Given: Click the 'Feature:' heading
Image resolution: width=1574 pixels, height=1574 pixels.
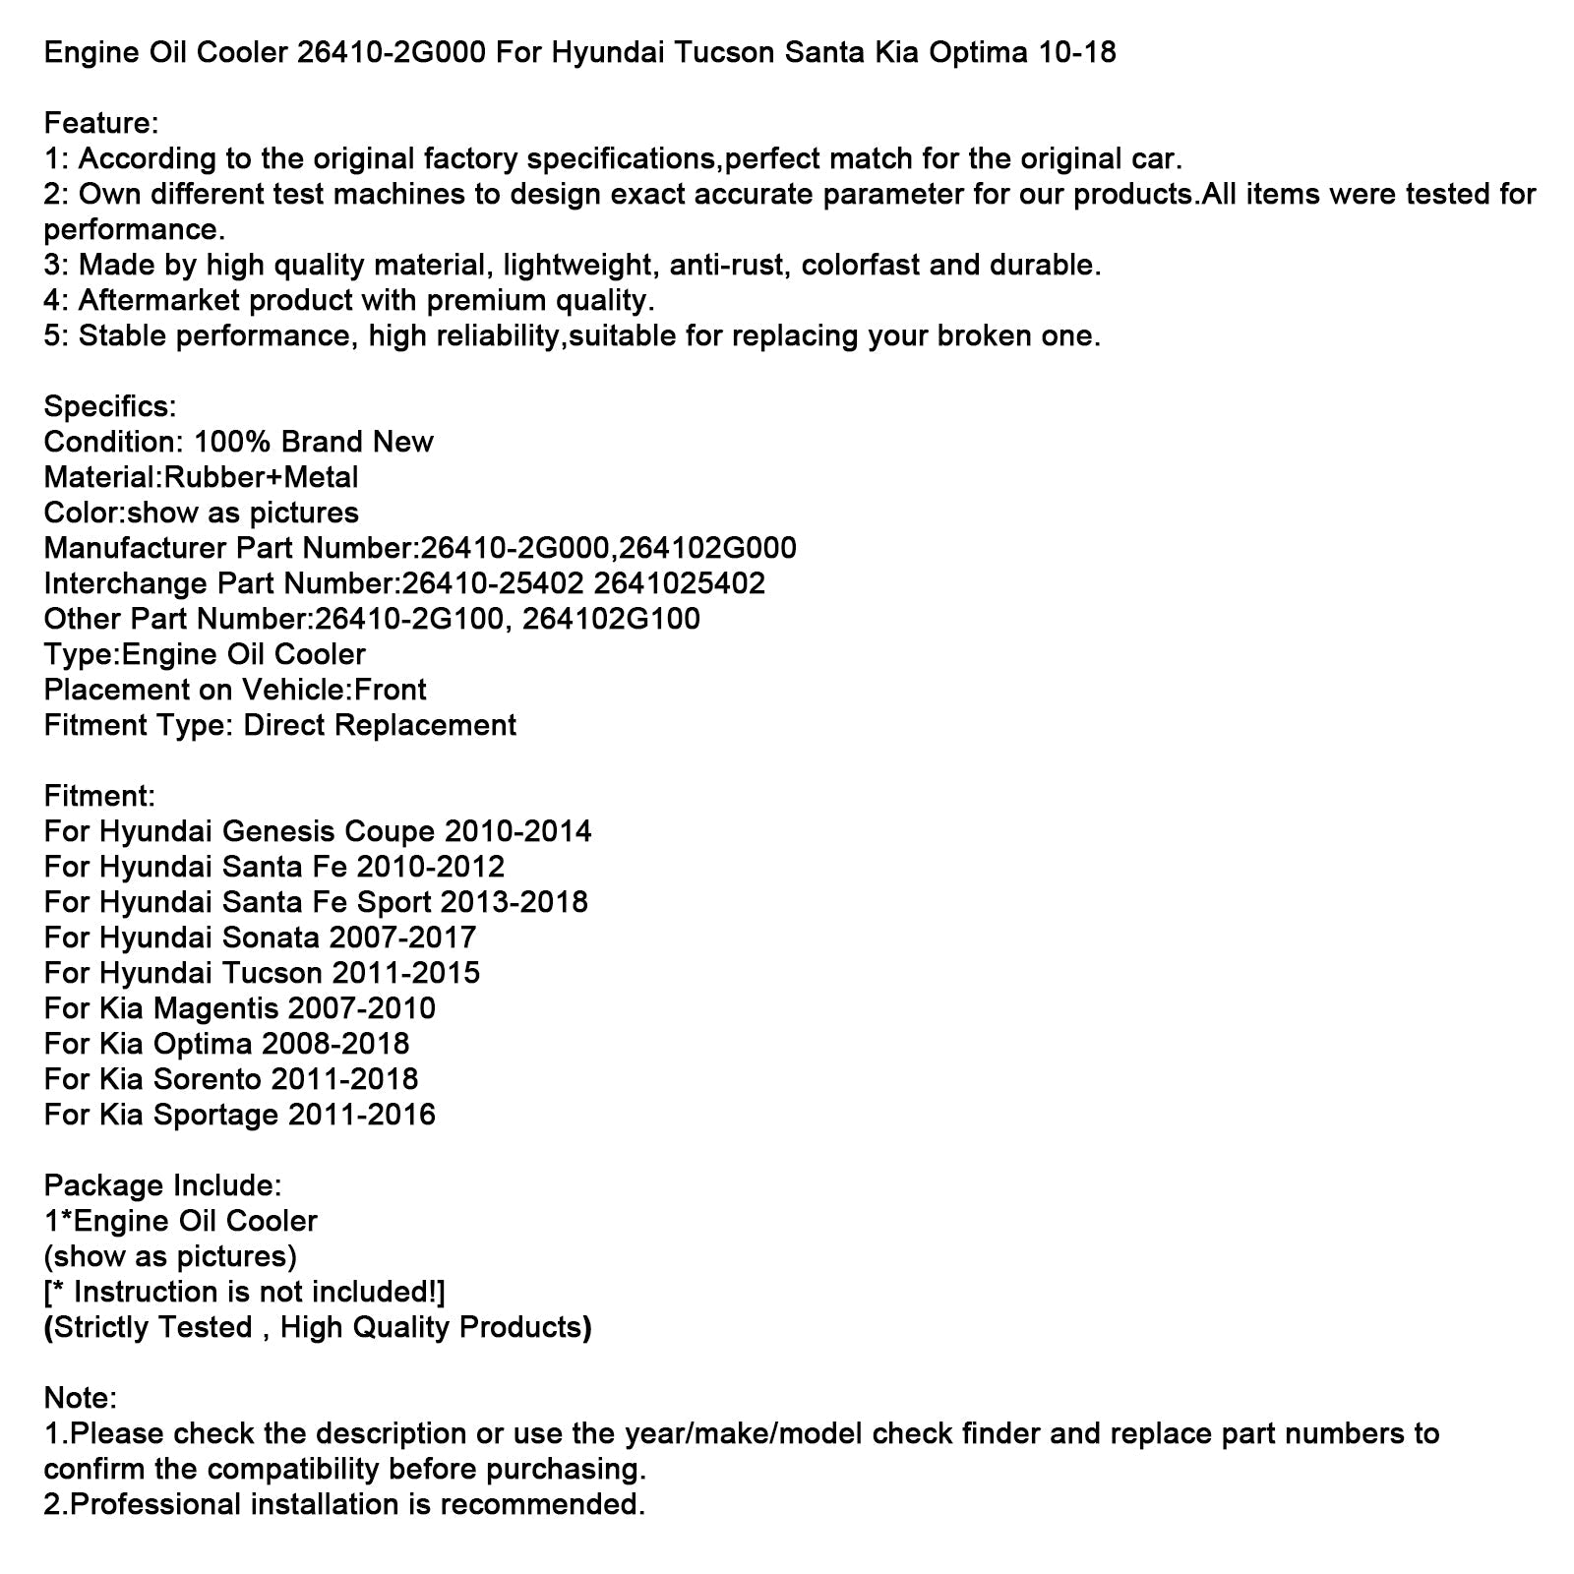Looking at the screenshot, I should pyautogui.click(x=101, y=124).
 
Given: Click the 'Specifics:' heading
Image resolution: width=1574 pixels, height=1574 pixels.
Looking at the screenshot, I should pyautogui.click(x=110, y=407).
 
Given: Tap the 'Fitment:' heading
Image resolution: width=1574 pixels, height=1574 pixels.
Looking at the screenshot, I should pyautogui.click(x=99, y=797).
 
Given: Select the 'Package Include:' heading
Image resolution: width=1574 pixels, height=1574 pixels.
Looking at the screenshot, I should pyautogui.click(x=162, y=1186).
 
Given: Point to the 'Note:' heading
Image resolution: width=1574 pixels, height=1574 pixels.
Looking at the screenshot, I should pyautogui.click(x=81, y=1399).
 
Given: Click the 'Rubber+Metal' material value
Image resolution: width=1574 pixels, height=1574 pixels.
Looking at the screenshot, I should pyautogui.click(x=261, y=478).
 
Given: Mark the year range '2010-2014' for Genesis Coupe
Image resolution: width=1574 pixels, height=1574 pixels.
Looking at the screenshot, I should pyautogui.click(x=518, y=832).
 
